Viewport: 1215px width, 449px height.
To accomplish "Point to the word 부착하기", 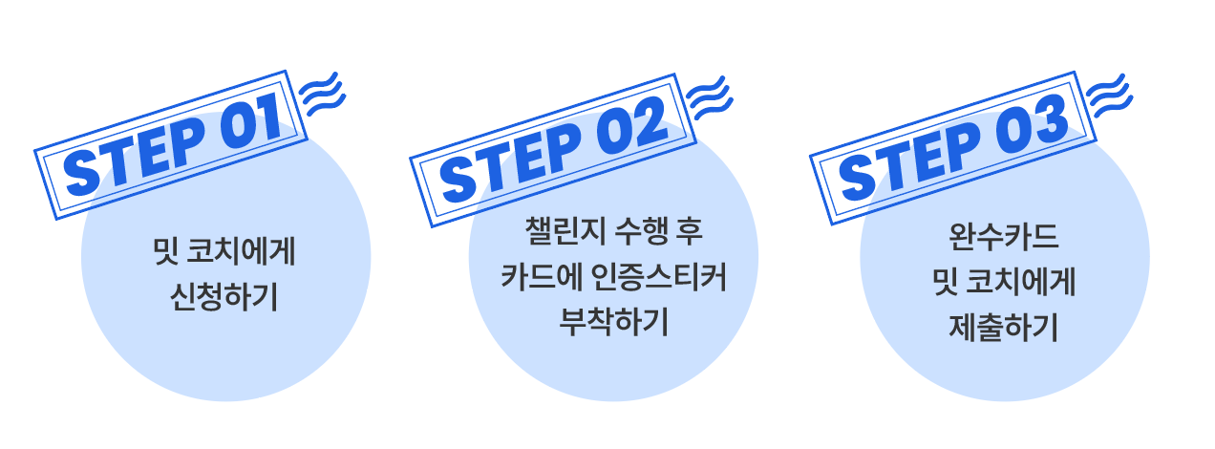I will click(612, 322).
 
